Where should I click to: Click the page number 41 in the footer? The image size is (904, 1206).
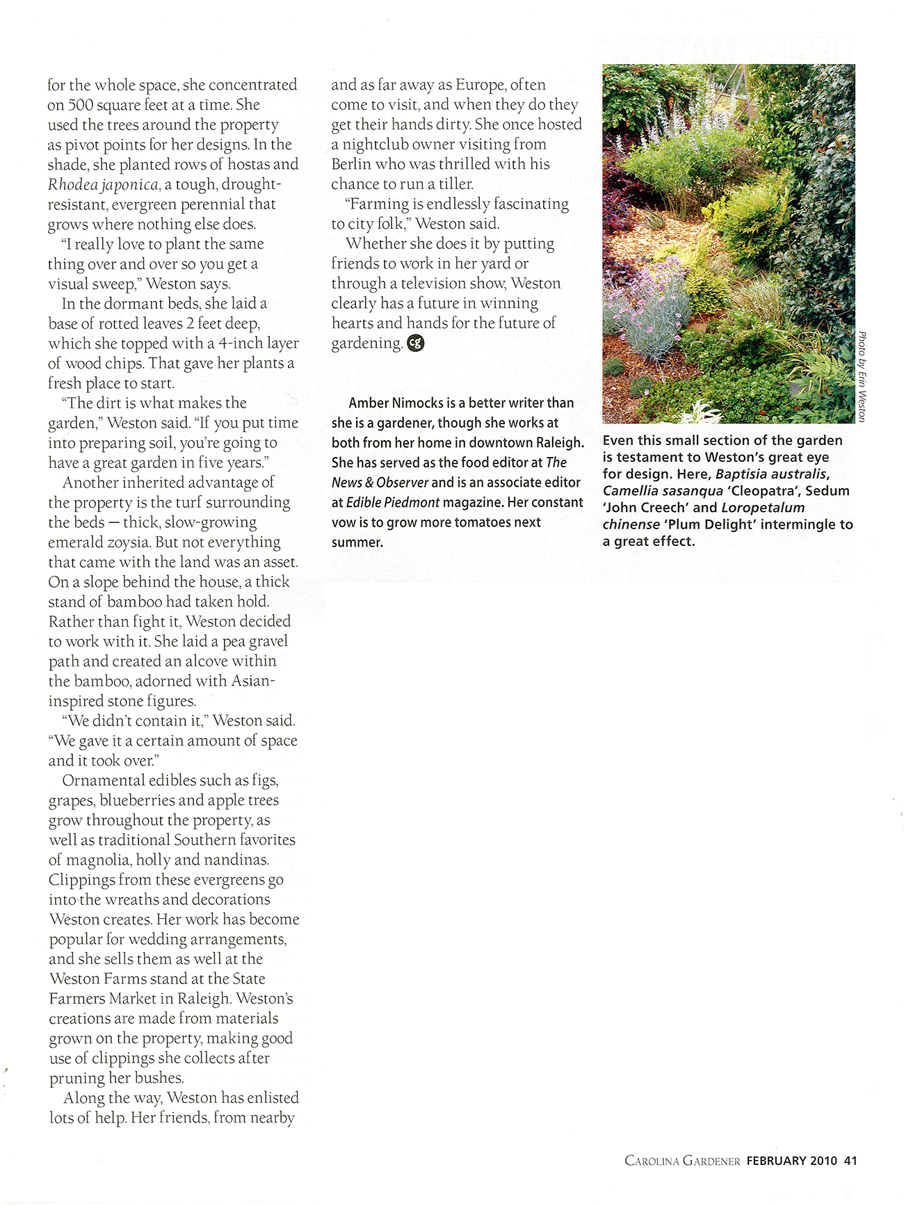[x=850, y=1161]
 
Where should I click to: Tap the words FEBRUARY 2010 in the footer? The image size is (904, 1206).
[x=792, y=1161]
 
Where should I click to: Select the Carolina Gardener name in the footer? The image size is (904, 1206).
[x=682, y=1161]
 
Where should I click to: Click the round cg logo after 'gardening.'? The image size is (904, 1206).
[x=416, y=343]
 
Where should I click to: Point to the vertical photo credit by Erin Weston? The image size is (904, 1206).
[x=862, y=376]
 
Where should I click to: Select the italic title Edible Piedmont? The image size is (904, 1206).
[x=393, y=502]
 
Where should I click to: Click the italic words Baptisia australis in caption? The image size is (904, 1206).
[x=771, y=474]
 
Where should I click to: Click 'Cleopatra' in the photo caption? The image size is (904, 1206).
[x=764, y=491]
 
